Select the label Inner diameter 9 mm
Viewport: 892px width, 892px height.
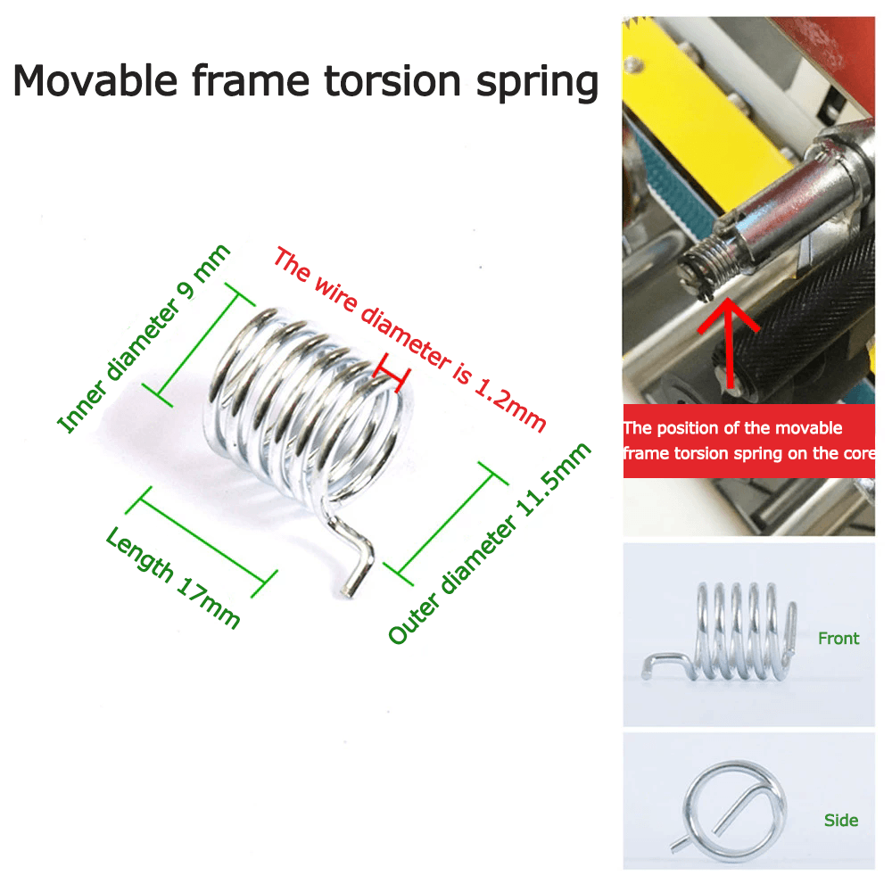pyautogui.click(x=144, y=338)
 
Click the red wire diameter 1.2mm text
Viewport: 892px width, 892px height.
pyautogui.click(x=409, y=339)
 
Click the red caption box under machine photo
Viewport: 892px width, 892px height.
pyautogui.click(x=747, y=441)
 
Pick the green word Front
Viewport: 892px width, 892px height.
pyautogui.click(x=838, y=639)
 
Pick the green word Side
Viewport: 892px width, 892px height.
pyautogui.click(x=841, y=820)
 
